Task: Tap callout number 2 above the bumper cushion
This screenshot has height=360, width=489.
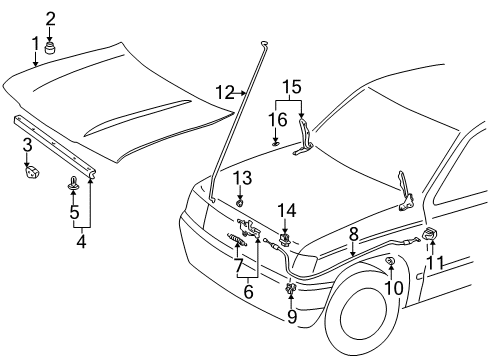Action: [50, 16]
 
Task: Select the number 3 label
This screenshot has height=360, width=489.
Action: [27, 146]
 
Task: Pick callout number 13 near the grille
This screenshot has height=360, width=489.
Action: [240, 177]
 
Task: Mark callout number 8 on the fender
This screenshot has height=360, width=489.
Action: [353, 233]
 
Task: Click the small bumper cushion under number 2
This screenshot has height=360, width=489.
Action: [50, 44]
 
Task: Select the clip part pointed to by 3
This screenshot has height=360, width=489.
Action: [29, 173]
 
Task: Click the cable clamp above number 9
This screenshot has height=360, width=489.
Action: [292, 290]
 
